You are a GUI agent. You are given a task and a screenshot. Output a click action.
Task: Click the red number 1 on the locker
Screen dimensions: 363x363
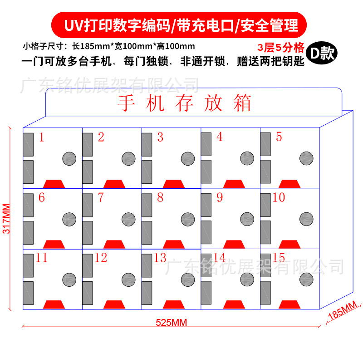click(x=42, y=137)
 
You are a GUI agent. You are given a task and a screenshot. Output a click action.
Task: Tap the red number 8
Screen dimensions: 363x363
click(x=160, y=198)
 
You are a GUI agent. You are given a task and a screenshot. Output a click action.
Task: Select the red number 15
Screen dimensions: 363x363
click(x=279, y=258)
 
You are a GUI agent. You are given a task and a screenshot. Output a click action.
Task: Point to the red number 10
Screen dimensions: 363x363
click(x=279, y=198)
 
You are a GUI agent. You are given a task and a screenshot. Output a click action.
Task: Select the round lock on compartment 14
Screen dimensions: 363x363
click(x=247, y=279)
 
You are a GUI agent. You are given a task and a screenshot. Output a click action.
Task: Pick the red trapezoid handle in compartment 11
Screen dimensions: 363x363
click(x=54, y=304)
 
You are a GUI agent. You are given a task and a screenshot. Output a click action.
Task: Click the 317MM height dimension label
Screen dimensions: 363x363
click(x=7, y=218)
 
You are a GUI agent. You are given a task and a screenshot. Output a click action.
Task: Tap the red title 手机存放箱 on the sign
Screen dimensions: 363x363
click(x=184, y=103)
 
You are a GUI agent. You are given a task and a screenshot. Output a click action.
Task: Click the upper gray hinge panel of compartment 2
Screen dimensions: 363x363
click(x=88, y=144)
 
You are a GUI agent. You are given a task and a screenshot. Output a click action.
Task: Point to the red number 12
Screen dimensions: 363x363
click(x=101, y=258)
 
